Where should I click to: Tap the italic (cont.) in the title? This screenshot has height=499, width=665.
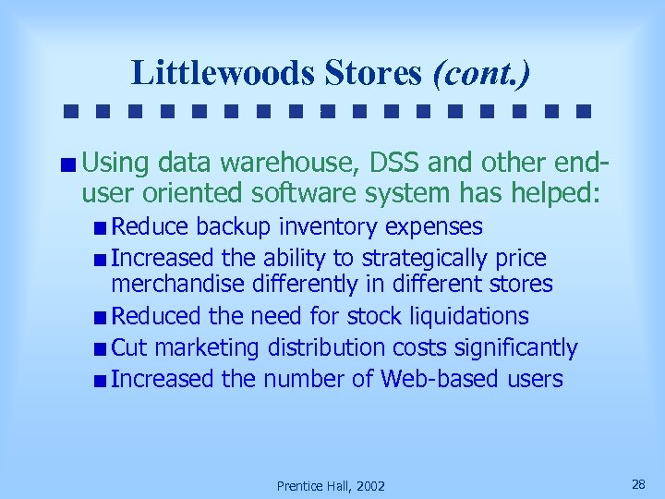(x=481, y=72)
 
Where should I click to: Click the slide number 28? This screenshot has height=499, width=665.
(x=637, y=484)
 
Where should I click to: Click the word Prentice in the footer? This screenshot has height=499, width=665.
(x=301, y=486)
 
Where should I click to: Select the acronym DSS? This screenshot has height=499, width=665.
(x=395, y=164)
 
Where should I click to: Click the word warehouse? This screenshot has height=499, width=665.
(x=283, y=164)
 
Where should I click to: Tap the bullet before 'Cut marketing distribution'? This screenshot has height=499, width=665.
(x=100, y=349)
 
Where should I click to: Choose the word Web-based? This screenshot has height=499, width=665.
(x=440, y=379)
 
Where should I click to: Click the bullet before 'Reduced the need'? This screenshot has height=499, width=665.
(x=100, y=318)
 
